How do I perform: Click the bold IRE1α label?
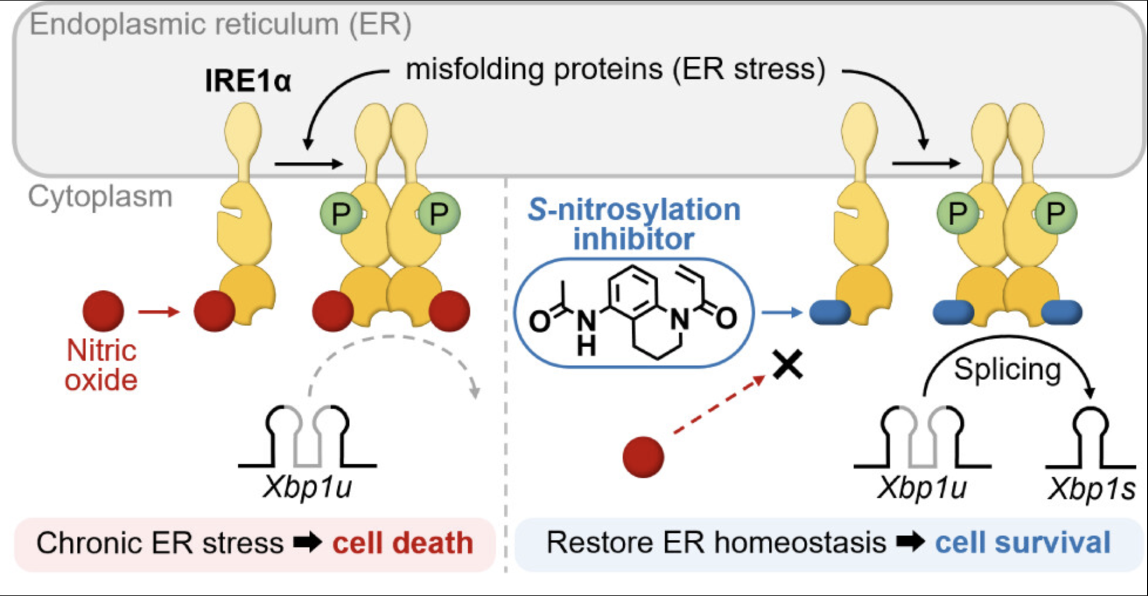(x=248, y=80)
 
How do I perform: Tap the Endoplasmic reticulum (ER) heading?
(x=221, y=25)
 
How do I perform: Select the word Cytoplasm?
(x=100, y=197)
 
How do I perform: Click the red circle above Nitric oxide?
(x=103, y=311)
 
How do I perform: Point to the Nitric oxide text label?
(x=101, y=365)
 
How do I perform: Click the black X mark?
(x=788, y=365)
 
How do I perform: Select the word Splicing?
(x=1007, y=370)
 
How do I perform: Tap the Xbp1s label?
(x=1092, y=489)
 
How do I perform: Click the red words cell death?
(x=403, y=543)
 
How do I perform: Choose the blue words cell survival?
(x=1023, y=543)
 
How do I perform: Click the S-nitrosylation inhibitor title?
(x=634, y=224)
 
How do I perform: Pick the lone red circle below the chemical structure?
(x=643, y=457)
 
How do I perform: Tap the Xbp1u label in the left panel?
(x=307, y=486)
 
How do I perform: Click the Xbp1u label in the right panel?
(x=922, y=487)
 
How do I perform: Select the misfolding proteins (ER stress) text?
(x=616, y=69)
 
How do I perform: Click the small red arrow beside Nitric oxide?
(x=159, y=311)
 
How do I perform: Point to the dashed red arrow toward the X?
(x=719, y=405)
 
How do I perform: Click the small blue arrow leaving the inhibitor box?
(x=782, y=313)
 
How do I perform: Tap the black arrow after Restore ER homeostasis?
(x=911, y=543)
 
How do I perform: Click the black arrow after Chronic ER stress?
(x=308, y=543)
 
